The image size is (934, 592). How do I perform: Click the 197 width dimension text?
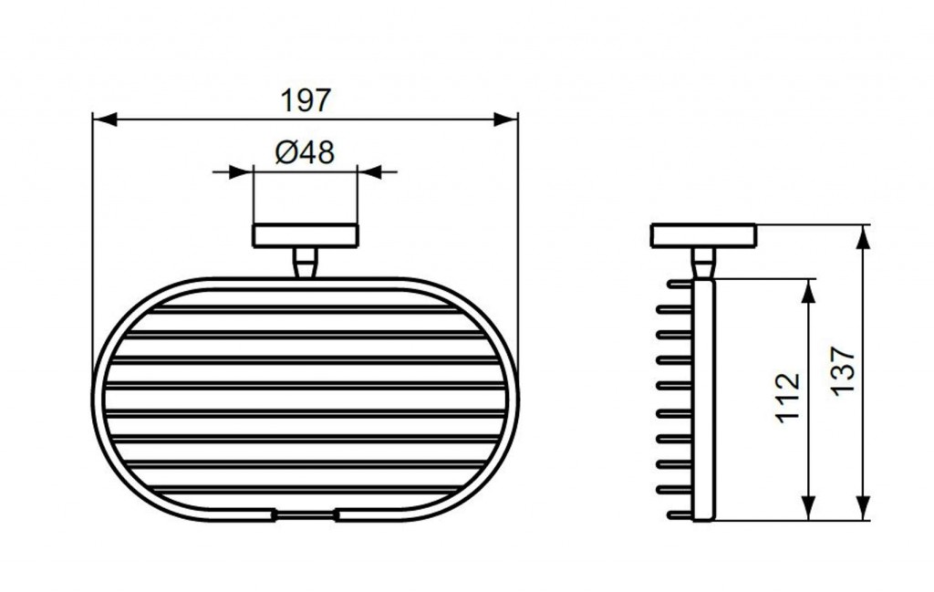(306, 100)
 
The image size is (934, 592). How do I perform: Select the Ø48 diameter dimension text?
(305, 152)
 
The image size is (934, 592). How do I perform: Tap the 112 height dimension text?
(787, 397)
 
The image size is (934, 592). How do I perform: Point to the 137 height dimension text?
(843, 370)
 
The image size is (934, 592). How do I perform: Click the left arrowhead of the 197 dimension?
(105, 119)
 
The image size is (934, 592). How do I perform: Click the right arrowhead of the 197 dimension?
(505, 119)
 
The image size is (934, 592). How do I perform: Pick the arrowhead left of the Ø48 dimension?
(241, 172)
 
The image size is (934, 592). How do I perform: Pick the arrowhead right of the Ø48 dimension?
(369, 172)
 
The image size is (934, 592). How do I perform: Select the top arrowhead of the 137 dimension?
(863, 237)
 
